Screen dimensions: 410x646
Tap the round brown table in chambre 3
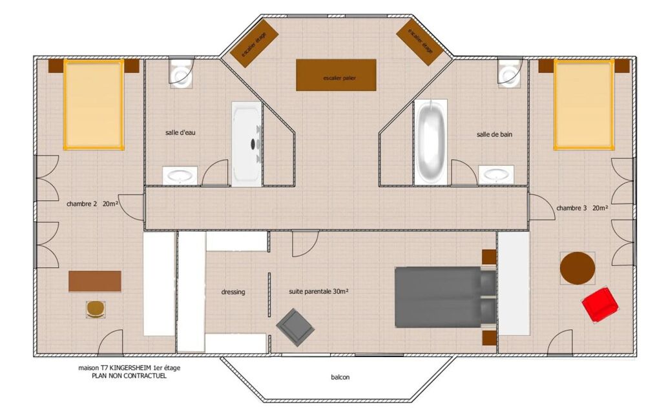[577, 267]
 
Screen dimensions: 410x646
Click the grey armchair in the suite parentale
[295, 325]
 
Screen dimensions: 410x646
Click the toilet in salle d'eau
[180, 72]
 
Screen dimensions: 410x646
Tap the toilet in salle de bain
[510, 72]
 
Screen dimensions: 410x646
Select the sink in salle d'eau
[180, 175]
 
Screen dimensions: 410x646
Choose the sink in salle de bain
[496, 175]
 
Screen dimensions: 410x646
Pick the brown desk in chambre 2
[95, 281]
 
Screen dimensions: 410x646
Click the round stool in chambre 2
[96, 309]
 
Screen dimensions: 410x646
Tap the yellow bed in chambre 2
[93, 104]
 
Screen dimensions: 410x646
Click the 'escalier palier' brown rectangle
[336, 76]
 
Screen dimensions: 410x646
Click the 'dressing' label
[233, 292]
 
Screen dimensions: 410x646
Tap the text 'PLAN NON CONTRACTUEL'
[129, 376]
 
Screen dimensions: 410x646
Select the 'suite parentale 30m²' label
[318, 292]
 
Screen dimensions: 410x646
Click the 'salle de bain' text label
[494, 134]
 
